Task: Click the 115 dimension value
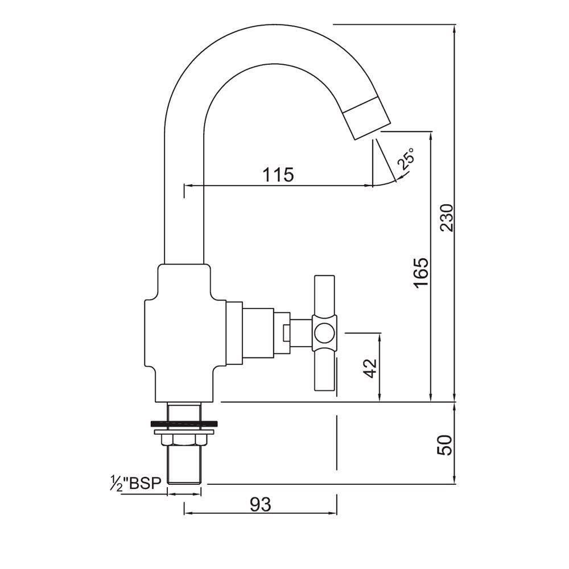pyautogui.click(x=278, y=174)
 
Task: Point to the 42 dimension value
pyautogui.click(x=370, y=368)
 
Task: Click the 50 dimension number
pyautogui.click(x=447, y=444)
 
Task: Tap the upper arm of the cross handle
pyautogui.click(x=325, y=298)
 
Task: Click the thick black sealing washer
pyautogui.click(x=184, y=423)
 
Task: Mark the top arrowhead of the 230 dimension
pyautogui.click(x=455, y=28)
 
